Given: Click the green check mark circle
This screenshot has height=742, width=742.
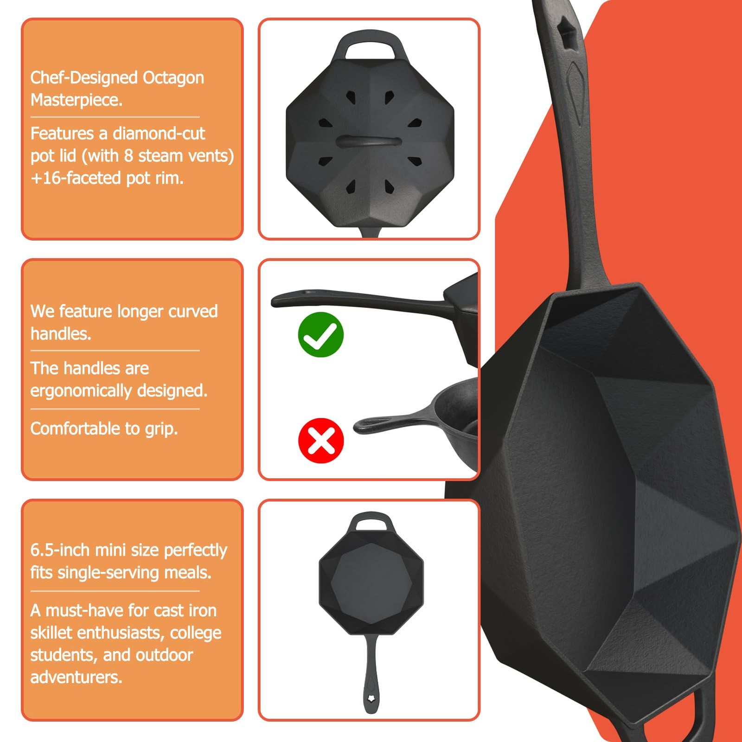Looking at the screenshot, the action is (x=320, y=334).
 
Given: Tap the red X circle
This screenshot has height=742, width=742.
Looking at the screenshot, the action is (x=321, y=441).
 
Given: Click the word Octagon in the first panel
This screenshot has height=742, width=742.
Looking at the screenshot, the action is (x=173, y=78).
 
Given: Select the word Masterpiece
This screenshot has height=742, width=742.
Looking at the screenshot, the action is (x=77, y=100).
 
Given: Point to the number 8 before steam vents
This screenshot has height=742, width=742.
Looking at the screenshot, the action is (x=128, y=156).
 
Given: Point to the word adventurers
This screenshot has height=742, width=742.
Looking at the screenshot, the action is (x=77, y=677).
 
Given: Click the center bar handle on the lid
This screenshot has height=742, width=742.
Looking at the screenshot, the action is (x=369, y=141).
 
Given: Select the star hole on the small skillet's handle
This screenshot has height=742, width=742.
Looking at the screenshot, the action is (x=371, y=698).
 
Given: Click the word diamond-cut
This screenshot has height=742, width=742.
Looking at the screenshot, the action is (x=159, y=134).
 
